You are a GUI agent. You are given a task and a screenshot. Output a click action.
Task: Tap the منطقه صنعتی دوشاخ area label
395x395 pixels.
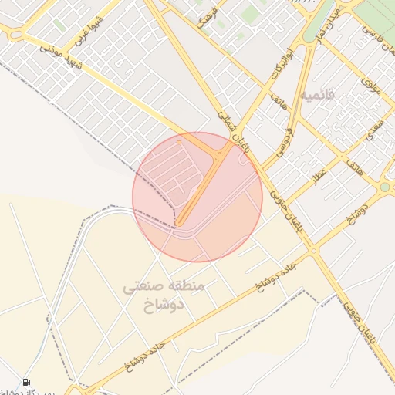164,295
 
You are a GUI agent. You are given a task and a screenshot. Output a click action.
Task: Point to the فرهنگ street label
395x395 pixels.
208,18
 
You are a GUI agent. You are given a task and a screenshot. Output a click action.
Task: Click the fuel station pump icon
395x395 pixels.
27,382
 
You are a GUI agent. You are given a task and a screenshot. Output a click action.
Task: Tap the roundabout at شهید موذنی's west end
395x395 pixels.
15,34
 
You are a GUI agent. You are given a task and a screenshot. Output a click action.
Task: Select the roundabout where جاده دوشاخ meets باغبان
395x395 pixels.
313,250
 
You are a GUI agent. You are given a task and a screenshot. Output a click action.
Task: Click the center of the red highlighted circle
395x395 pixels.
197,197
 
